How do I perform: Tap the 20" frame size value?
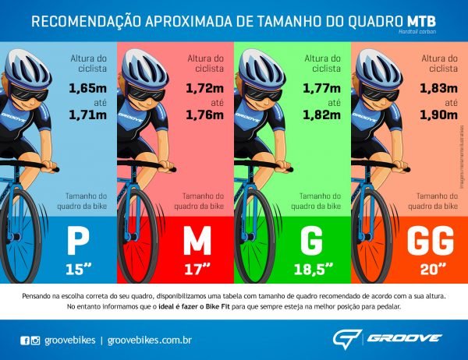tap(421, 270)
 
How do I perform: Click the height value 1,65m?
tap(87, 88)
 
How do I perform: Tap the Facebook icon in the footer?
tap(25, 340)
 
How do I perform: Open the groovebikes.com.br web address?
tap(150, 340)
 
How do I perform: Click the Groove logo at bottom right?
tap(387, 338)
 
